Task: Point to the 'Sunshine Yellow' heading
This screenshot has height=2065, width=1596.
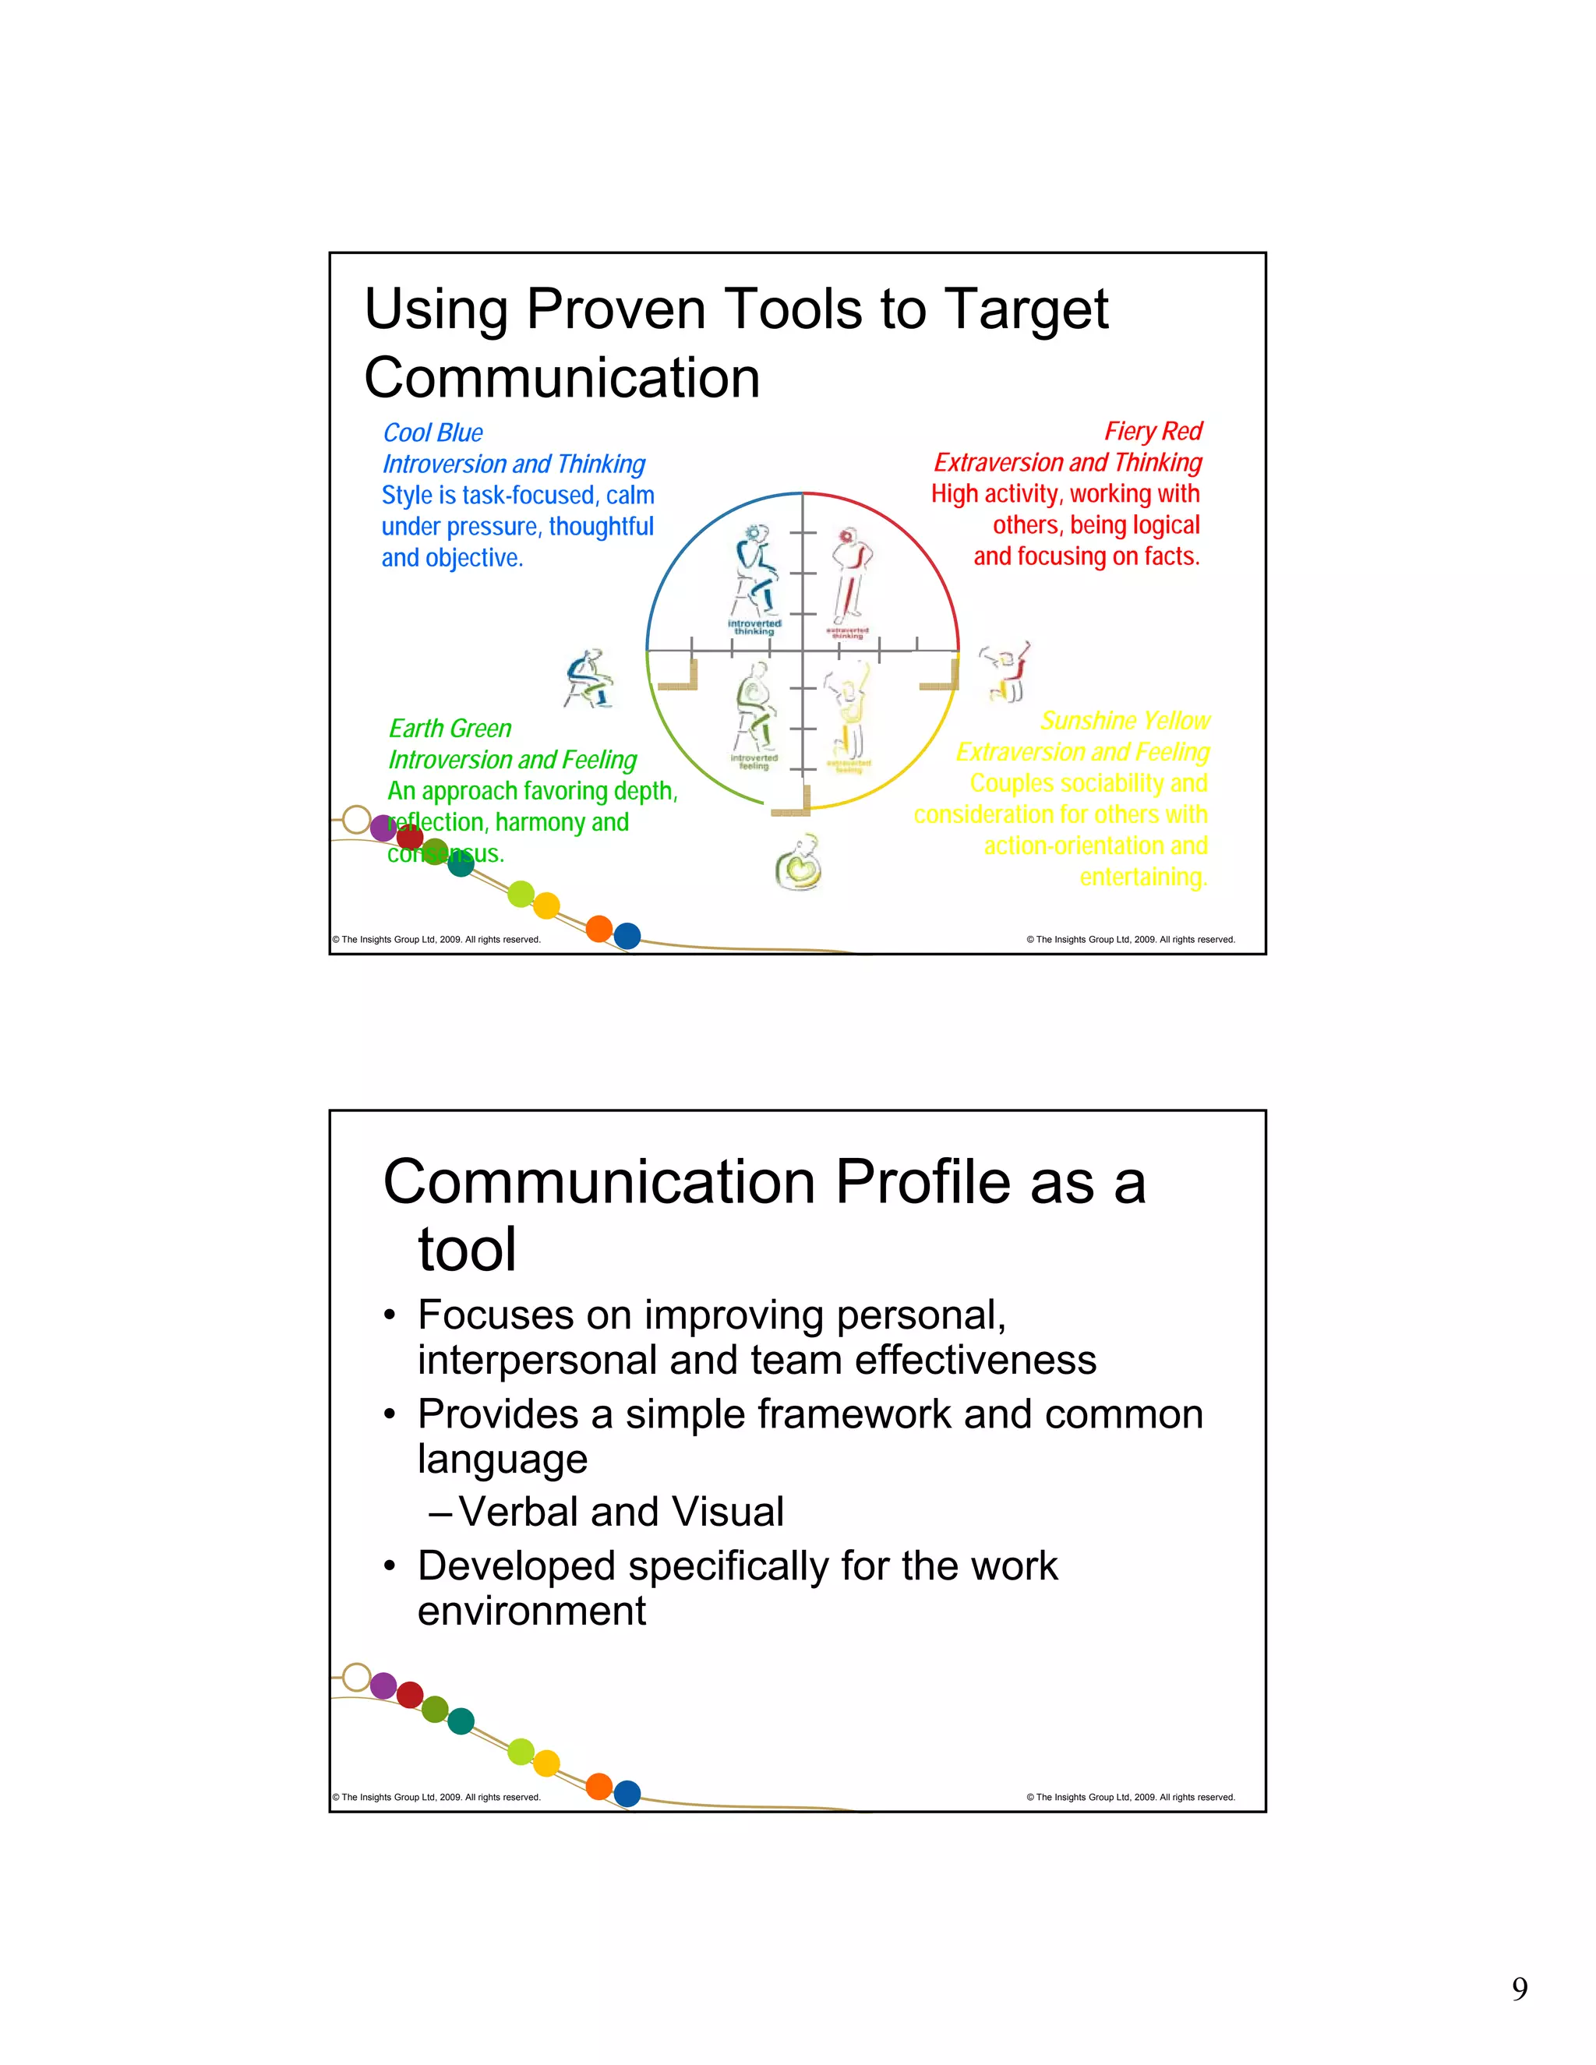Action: (1125, 721)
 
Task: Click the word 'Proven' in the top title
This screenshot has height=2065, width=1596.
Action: (616, 309)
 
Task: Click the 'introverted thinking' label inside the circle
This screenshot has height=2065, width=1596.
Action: (754, 627)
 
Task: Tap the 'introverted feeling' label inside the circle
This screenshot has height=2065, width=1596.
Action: (754, 761)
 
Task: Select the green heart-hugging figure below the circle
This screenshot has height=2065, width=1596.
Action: (799, 863)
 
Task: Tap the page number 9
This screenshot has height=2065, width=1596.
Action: (1520, 1989)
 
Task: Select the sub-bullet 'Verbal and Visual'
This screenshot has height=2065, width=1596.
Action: (620, 1511)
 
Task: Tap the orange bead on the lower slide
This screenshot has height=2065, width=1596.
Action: (599, 1786)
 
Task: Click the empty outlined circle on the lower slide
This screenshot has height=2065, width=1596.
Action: (356, 1678)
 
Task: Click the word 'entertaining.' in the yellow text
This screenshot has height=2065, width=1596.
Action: (1143, 877)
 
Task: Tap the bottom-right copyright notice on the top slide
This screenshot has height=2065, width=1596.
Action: (1131, 939)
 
